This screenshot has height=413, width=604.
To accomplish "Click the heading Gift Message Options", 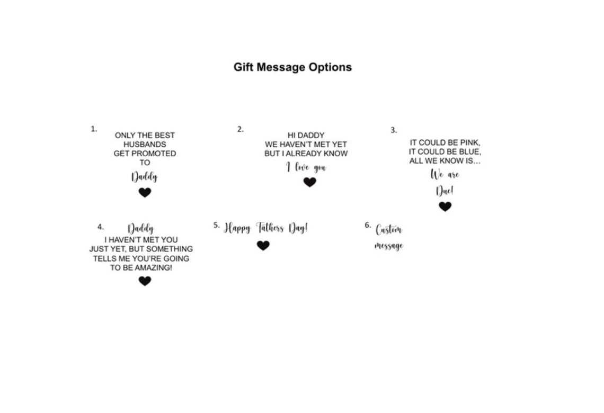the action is [x=292, y=67].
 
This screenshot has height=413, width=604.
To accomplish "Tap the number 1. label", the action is [x=94, y=129].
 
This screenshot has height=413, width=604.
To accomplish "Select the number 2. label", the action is [x=241, y=129].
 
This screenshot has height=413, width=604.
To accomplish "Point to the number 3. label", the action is [x=394, y=130].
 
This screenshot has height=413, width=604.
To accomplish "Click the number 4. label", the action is [x=101, y=227].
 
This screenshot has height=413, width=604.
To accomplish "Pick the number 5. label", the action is [x=217, y=225].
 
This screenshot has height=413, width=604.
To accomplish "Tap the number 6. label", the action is [x=368, y=225].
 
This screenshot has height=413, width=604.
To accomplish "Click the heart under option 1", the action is [x=145, y=192].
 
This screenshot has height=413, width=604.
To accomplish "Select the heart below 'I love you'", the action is [x=310, y=182].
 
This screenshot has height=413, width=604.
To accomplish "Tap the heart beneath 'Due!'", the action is [x=445, y=206].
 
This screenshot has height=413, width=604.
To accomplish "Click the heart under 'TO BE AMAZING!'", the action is [x=145, y=281].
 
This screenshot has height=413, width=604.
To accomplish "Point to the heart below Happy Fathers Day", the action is [x=263, y=245].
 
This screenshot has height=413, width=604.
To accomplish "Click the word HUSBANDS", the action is [x=145, y=145].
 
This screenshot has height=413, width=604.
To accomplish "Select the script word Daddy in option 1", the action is [x=145, y=177].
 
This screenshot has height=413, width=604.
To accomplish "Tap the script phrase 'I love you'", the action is [x=306, y=167].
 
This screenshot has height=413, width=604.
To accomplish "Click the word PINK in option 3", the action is [x=469, y=143].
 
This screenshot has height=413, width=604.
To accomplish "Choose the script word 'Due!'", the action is [x=445, y=191].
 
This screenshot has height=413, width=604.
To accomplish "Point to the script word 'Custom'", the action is [x=389, y=230].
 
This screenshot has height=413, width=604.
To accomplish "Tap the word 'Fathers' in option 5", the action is [x=270, y=228].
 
